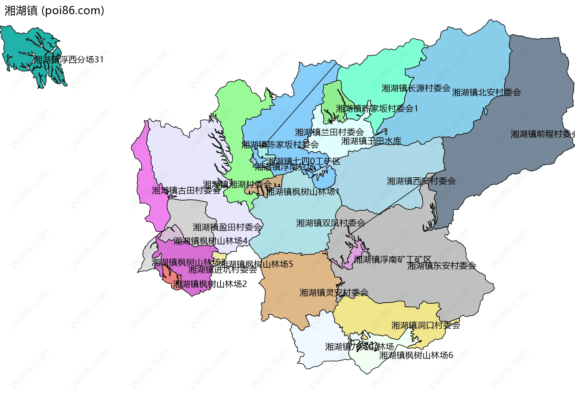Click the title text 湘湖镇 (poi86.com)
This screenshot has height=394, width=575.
click(x=54, y=11)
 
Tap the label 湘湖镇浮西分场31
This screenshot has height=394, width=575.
click(x=69, y=59)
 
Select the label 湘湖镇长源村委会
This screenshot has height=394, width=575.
click(x=416, y=88)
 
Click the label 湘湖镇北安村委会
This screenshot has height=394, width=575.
click(x=486, y=92)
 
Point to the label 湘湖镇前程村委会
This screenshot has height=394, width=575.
click(x=542, y=134)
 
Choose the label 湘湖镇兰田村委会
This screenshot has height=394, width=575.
click(x=329, y=132)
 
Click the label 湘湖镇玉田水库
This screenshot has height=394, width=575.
click(x=371, y=141)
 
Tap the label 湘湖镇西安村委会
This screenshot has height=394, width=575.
click(x=421, y=181)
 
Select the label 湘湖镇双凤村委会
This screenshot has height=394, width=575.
click(x=331, y=223)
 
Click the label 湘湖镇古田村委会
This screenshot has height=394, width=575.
click(x=186, y=191)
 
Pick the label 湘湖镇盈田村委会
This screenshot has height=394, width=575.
click(x=227, y=227)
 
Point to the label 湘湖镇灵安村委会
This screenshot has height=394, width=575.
click(x=334, y=293)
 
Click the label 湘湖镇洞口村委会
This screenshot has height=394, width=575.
click(x=426, y=325)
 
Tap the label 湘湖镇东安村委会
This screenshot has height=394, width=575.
click(x=441, y=266)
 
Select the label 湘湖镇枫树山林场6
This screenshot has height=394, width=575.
click(x=416, y=355)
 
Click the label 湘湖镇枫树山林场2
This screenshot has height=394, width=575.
click(x=210, y=284)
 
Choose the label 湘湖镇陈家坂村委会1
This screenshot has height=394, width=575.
click(x=377, y=109)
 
